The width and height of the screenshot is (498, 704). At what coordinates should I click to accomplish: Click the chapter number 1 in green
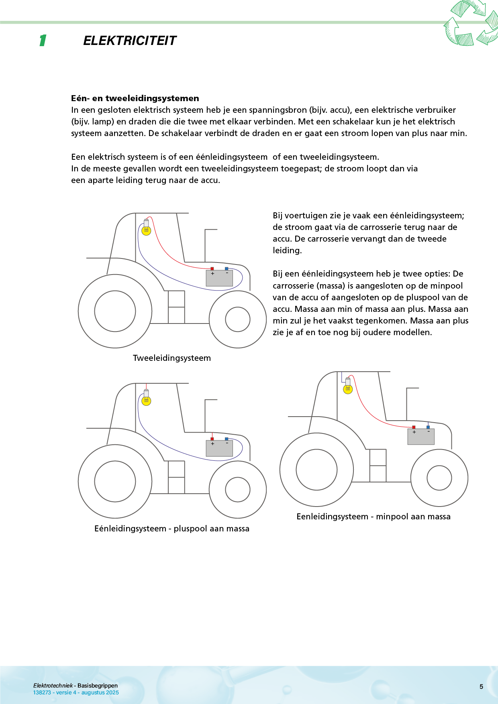pyautogui.click(x=43, y=41)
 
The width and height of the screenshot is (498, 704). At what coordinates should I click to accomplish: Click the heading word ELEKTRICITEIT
pyautogui.click(x=130, y=41)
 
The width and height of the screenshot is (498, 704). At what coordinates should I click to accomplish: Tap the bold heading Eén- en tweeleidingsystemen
pyautogui.click(x=135, y=98)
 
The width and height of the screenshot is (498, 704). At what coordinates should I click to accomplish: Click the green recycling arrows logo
pyautogui.click(x=471, y=23)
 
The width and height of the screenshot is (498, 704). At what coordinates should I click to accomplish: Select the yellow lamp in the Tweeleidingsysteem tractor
pyautogui.click(x=146, y=230)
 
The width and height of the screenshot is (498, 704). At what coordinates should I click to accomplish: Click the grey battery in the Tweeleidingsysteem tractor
pyautogui.click(x=219, y=278)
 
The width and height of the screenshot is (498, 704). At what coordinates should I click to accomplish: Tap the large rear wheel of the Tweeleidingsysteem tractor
pyautogui.click(x=115, y=311)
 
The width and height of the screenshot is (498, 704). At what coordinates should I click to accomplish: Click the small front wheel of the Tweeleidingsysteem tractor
pyautogui.click(x=238, y=319)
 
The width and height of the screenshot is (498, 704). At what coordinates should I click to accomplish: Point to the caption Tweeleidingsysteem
pyautogui.click(x=172, y=358)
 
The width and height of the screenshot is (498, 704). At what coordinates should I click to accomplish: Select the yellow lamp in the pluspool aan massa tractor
pyautogui.click(x=146, y=401)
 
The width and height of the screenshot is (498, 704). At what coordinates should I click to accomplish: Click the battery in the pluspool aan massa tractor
pyautogui.click(x=219, y=448)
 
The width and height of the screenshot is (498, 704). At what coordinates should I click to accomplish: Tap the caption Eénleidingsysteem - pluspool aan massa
pyautogui.click(x=172, y=529)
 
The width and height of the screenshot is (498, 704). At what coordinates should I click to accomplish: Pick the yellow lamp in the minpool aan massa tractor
pyautogui.click(x=348, y=389)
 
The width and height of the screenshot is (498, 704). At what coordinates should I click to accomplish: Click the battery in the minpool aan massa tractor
pyautogui.click(x=421, y=437)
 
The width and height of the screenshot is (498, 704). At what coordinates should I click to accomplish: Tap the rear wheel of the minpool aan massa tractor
pyautogui.click(x=316, y=470)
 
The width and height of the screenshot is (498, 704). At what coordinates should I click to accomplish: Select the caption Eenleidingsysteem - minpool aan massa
pyautogui.click(x=373, y=517)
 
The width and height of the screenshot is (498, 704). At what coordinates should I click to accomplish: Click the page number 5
pyautogui.click(x=481, y=687)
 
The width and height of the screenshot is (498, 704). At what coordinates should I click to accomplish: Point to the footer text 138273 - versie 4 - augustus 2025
pyautogui.click(x=76, y=692)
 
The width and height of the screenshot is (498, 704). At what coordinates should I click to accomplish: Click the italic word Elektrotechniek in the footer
pyautogui.click(x=53, y=686)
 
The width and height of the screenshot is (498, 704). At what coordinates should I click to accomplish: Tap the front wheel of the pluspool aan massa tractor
pyautogui.click(x=238, y=490)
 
